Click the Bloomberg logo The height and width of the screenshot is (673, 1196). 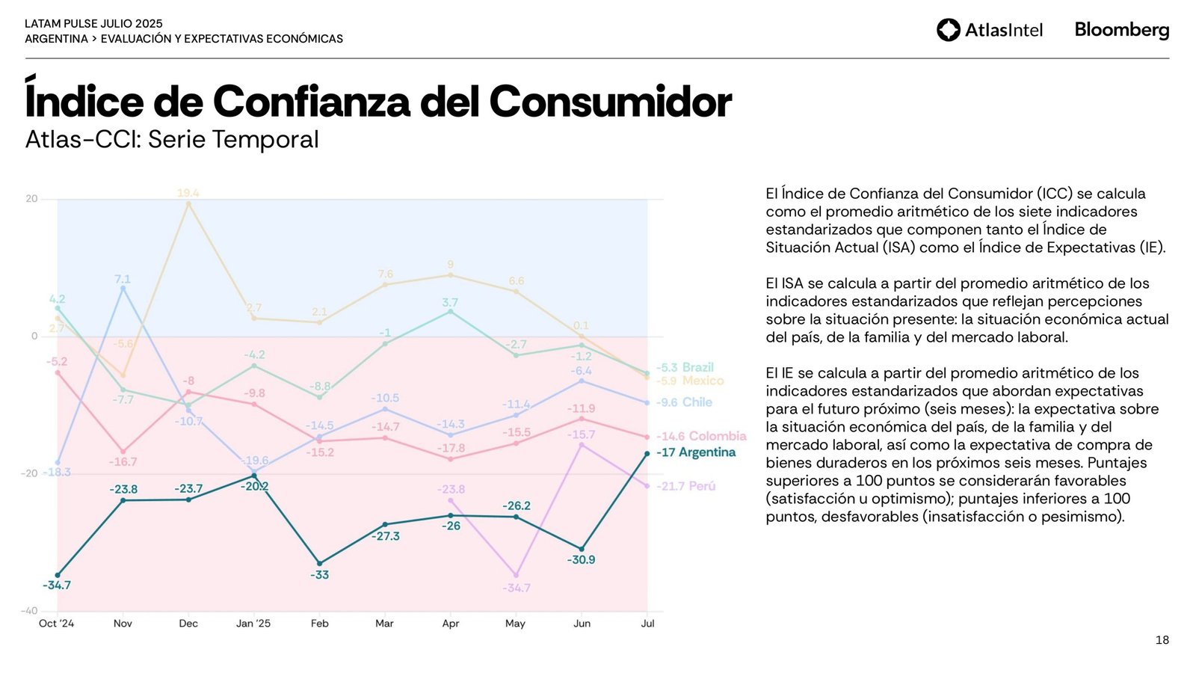coord(1121,30)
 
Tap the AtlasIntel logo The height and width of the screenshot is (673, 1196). coord(990,30)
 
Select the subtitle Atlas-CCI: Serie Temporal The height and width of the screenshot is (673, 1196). coord(172,140)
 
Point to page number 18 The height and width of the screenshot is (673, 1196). coord(1162,640)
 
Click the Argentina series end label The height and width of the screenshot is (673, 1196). coord(696,452)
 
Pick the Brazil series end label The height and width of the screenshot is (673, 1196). coord(685,367)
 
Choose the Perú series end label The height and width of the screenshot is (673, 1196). coord(686,486)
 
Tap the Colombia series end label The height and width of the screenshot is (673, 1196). coord(701,436)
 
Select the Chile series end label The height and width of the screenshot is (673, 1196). coord(684,402)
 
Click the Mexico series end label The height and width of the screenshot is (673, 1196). coord(690,381)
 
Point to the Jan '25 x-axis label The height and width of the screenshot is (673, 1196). coord(253,624)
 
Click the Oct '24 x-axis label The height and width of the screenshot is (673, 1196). coord(57,624)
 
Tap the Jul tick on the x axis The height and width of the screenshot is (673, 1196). coord(647,624)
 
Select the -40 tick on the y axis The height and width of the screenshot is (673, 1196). coord(29,611)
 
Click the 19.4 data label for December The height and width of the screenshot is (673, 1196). coord(188,193)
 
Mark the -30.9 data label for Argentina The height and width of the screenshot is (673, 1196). coord(581,560)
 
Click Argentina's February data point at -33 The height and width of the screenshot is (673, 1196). coord(320,563)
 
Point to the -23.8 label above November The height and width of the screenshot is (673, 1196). coord(123,489)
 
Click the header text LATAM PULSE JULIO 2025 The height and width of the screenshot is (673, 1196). coord(93,24)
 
